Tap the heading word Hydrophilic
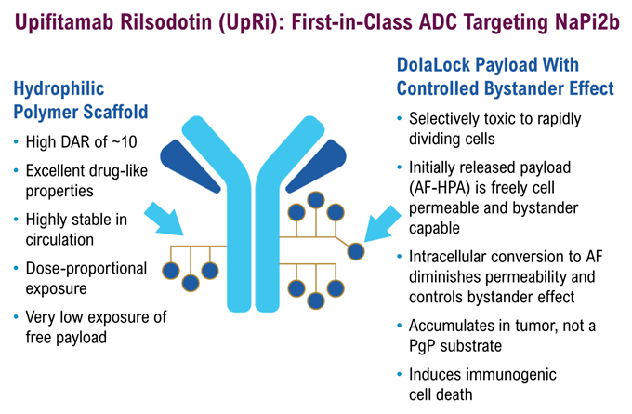point(61,90)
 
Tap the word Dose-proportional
point(86,268)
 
